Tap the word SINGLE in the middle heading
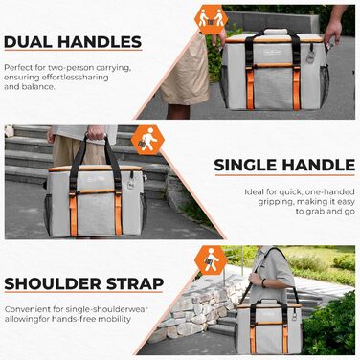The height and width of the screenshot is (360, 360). (x=246, y=165)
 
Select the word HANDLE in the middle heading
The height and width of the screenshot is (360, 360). (x=319, y=165)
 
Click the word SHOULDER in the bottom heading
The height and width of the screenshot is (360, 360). (x=53, y=283)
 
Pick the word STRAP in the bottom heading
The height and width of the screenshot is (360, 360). (x=135, y=283)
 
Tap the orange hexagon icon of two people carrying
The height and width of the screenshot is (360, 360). (x=211, y=19)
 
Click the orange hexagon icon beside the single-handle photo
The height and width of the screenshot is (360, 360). (x=147, y=140)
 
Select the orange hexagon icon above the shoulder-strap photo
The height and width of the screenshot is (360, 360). (x=211, y=260)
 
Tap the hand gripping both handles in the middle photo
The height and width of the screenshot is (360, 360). (x=96, y=132)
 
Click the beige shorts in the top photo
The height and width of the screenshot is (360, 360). (x=186, y=70)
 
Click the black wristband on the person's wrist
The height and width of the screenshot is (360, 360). (x=264, y=282)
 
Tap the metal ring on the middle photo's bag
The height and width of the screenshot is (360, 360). (x=131, y=185)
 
